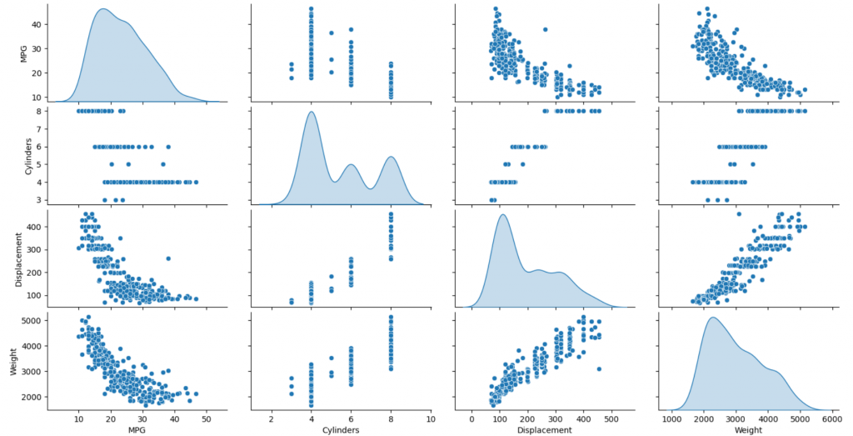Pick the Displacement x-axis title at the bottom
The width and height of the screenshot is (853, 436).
tap(543, 429)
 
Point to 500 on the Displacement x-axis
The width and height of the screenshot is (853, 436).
tap(611, 417)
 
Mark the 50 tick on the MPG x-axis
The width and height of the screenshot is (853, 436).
tap(206, 417)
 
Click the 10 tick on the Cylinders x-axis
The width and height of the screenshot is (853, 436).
tap(431, 417)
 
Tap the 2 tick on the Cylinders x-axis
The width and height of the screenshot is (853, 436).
tap(272, 417)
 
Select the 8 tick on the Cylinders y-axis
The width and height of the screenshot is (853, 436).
tap(38, 110)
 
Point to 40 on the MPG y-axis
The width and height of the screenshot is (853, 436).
tap(36, 25)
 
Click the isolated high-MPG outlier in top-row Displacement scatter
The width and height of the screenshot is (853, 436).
tap(545, 29)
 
